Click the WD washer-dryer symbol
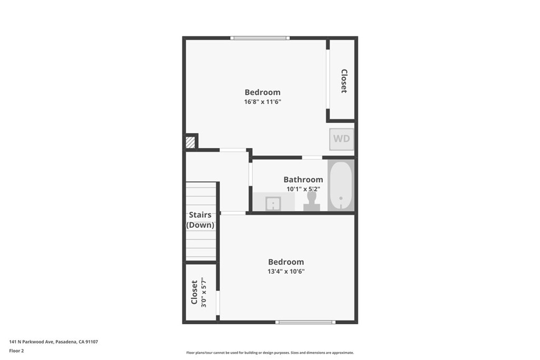(x=341, y=139)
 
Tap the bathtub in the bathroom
(x=341, y=186)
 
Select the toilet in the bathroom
(x=312, y=201)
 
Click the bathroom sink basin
(x=274, y=203)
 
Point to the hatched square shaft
(x=190, y=142)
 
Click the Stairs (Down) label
(x=200, y=220)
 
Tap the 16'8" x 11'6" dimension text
(x=263, y=102)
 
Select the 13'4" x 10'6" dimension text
(x=286, y=271)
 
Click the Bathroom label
(x=303, y=179)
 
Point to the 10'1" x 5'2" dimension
(x=303, y=189)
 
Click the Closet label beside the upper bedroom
(x=344, y=81)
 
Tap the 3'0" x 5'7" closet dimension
(x=204, y=292)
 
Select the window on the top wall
(x=260, y=38)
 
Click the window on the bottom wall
(x=305, y=322)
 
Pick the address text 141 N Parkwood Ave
(x=31, y=342)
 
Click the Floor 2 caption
(x=16, y=351)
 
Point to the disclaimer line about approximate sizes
(x=270, y=353)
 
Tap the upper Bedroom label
(x=263, y=92)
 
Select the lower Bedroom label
(x=286, y=262)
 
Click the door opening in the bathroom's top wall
(x=312, y=158)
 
